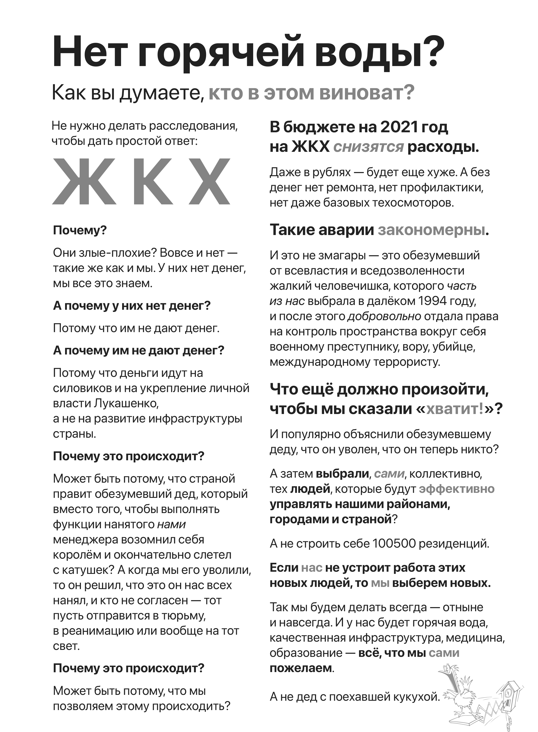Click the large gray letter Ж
[84, 181]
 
